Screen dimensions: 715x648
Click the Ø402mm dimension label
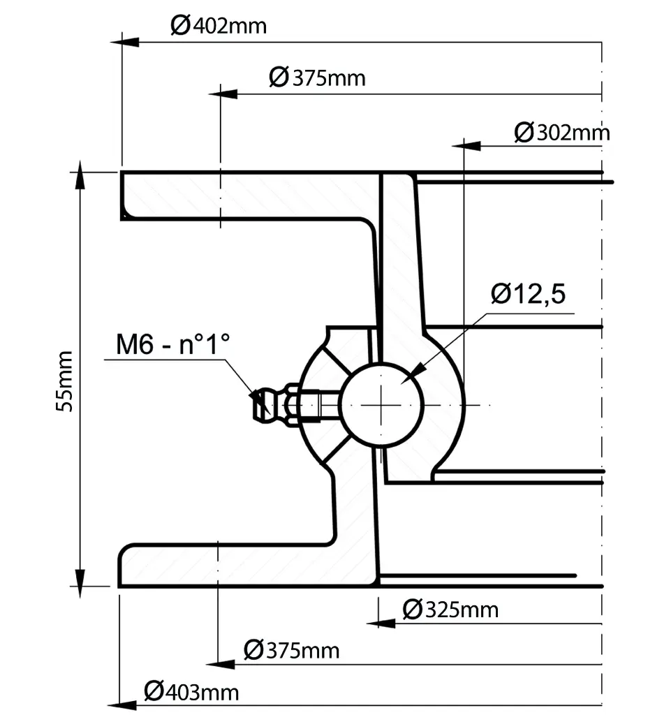(x=218, y=26)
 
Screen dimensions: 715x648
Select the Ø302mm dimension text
(x=562, y=132)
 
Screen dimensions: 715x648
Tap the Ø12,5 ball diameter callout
(x=528, y=295)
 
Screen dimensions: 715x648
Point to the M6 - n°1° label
(x=172, y=344)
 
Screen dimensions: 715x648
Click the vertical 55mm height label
(x=64, y=380)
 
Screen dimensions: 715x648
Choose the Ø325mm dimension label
(x=451, y=610)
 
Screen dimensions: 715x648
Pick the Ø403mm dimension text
(x=191, y=692)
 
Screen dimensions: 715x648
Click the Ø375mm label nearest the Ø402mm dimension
(x=317, y=78)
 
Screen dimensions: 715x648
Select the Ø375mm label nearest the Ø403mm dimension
(x=291, y=651)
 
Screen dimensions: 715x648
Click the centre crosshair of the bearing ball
(x=382, y=405)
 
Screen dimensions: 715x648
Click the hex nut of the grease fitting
(x=293, y=404)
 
